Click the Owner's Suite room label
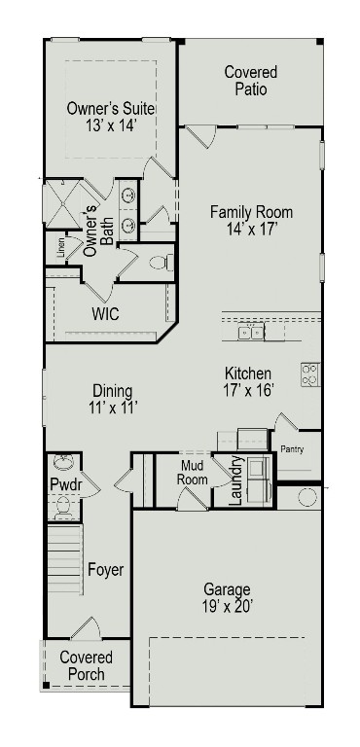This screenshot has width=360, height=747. point(111,108)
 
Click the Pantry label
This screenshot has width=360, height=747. point(293,449)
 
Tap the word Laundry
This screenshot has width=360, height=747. point(235,481)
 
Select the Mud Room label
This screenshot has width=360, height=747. point(193,473)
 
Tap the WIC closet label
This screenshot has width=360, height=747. point(105,314)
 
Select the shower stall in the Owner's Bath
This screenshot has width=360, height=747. point(61,204)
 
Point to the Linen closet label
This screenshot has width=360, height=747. point(60,248)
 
